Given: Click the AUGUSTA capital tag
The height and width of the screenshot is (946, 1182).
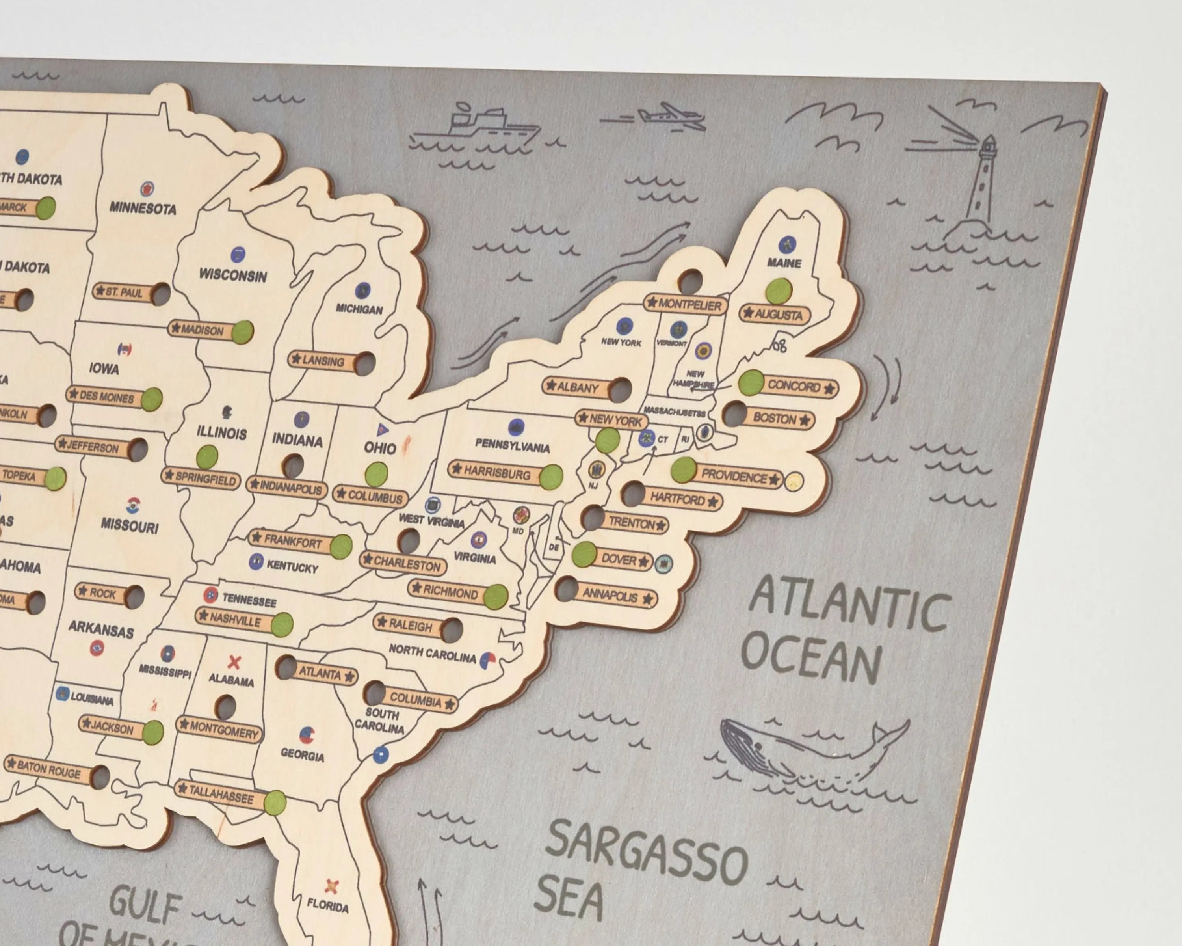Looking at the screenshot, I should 774,314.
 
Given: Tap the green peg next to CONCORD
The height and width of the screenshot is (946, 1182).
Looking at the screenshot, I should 751,383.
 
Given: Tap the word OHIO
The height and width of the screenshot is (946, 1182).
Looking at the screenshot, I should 380,448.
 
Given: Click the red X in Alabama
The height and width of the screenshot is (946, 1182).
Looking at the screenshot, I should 234,663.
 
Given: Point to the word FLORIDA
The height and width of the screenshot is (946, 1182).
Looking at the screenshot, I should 328,905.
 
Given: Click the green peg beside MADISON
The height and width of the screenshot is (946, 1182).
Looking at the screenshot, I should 242,332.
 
